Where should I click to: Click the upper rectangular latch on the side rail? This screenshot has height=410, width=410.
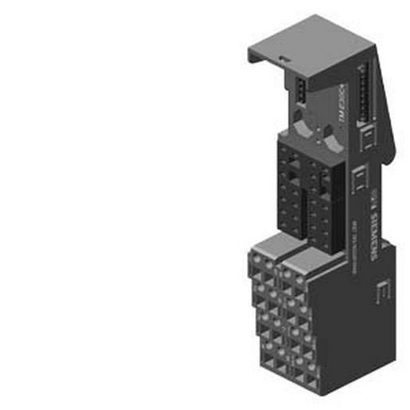(368, 142)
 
